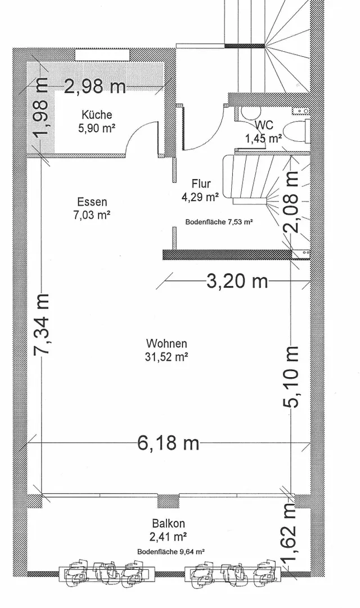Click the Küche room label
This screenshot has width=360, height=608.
(x=97, y=115)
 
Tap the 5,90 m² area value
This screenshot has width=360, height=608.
(x=97, y=128)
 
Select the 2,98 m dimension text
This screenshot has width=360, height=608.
(x=95, y=86)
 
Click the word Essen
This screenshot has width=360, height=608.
(x=92, y=202)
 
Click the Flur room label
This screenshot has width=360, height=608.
(x=201, y=184)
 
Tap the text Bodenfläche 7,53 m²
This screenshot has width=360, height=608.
(x=219, y=222)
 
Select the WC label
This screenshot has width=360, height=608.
(x=264, y=125)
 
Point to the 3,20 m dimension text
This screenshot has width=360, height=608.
(x=237, y=281)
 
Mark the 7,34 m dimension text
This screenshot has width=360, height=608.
(x=41, y=324)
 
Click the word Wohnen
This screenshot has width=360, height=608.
(x=166, y=343)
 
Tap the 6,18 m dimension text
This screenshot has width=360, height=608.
(x=168, y=442)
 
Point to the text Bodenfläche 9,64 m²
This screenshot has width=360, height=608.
(x=171, y=551)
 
